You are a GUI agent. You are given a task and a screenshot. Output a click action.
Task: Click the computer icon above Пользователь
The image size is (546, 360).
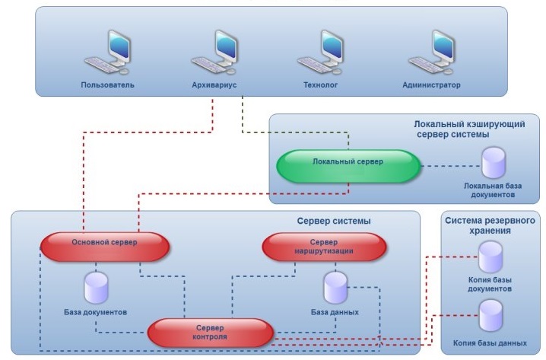(x=107, y=53)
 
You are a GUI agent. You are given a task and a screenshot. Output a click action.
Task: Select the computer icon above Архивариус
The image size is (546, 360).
(x=215, y=53)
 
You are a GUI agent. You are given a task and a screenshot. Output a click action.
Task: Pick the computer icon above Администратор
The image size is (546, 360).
(x=431, y=53)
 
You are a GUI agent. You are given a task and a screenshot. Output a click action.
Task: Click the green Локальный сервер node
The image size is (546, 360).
(x=348, y=164)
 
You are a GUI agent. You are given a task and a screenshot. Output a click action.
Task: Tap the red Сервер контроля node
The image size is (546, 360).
(x=210, y=332)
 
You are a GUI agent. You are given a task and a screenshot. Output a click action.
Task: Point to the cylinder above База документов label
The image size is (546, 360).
(x=96, y=288)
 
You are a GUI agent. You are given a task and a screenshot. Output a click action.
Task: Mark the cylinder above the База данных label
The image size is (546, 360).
(x=335, y=288)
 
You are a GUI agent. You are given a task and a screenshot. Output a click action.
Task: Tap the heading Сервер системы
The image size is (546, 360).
(x=333, y=221)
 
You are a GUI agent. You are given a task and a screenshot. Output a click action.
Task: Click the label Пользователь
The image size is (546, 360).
(x=108, y=84)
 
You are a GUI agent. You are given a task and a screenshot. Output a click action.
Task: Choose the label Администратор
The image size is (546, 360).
(x=431, y=84)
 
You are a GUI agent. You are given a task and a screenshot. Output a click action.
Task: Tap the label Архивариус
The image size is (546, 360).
(x=215, y=84)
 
